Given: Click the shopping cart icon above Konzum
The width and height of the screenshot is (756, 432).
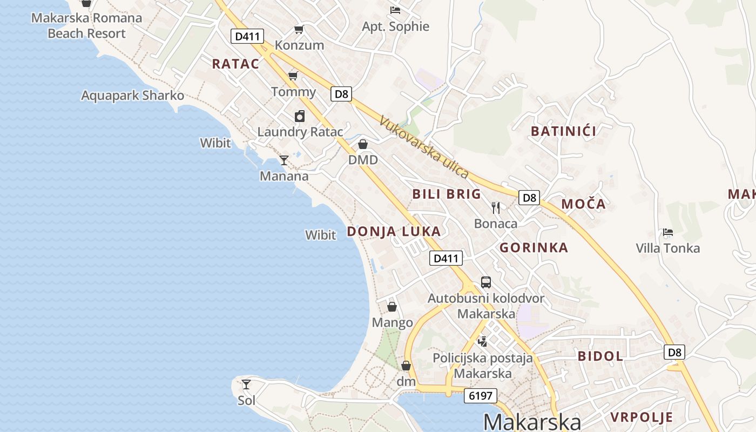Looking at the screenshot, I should (x=299, y=29).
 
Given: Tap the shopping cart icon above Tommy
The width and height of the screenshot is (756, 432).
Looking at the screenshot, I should (x=293, y=76).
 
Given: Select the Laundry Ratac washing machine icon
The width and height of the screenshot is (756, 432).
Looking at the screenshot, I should (x=300, y=116).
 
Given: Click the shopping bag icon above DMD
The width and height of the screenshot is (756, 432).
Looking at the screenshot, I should (x=363, y=144).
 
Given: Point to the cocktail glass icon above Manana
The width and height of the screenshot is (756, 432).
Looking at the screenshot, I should (x=283, y=160).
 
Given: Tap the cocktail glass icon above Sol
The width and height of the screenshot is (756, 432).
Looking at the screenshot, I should (x=246, y=384).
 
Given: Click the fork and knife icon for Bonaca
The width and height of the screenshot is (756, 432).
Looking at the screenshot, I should (x=496, y=207).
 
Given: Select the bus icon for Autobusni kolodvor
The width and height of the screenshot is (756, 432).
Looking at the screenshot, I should (x=486, y=282).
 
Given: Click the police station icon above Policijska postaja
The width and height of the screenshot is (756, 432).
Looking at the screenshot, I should (x=482, y=341).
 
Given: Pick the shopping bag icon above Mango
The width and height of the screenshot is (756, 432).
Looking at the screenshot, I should (x=392, y=307).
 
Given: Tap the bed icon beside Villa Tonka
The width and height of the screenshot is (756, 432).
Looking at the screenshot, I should (x=668, y=232).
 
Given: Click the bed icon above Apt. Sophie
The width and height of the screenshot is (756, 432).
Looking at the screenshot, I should (x=395, y=10).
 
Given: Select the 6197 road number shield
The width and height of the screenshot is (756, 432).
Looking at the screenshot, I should (x=481, y=396).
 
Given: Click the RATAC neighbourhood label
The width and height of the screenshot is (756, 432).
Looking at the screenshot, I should (x=235, y=64).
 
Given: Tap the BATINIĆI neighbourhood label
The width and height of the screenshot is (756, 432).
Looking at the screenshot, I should (x=564, y=131).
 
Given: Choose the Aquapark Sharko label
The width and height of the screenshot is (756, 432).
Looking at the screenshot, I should (x=132, y=96).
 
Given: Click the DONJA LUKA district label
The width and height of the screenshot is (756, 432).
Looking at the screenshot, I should (x=394, y=232).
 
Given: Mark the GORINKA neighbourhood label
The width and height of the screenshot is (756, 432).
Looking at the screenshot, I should (x=534, y=248).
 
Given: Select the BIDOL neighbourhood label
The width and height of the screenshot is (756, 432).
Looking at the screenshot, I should (x=600, y=356).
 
